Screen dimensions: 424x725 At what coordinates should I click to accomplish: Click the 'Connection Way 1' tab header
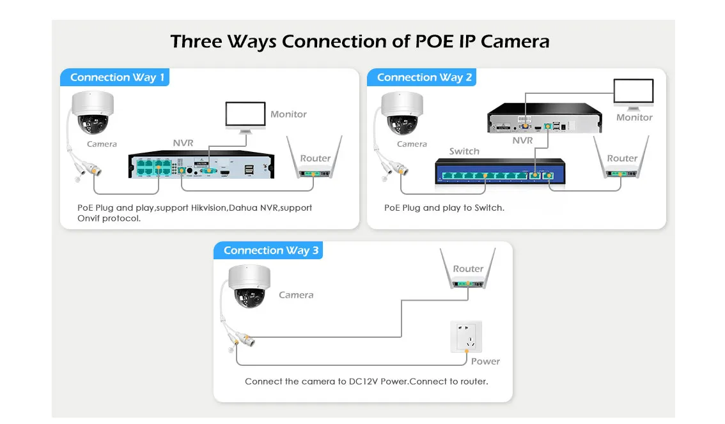pos(116,77)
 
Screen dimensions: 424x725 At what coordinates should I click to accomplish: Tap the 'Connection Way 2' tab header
pos(424,77)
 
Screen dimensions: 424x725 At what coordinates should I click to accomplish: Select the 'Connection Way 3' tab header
pos(270,250)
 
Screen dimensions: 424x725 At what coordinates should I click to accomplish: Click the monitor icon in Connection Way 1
pos(245,117)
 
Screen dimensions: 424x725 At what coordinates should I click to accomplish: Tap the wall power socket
pos(466,337)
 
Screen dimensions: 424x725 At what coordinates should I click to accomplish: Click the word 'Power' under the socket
pos(485,361)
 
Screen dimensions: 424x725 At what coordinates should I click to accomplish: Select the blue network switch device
pos(500,171)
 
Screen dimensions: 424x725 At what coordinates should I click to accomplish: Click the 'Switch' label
pos(464,151)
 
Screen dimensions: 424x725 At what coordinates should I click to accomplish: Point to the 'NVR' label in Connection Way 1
pos(183,143)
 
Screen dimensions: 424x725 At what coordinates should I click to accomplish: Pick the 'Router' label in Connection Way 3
pos(468,269)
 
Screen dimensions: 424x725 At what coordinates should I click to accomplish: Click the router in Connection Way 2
pos(621,162)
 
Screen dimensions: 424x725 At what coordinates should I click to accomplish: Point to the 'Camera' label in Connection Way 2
pos(412,144)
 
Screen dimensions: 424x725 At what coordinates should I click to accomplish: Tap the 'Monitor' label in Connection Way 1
pos(288,114)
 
